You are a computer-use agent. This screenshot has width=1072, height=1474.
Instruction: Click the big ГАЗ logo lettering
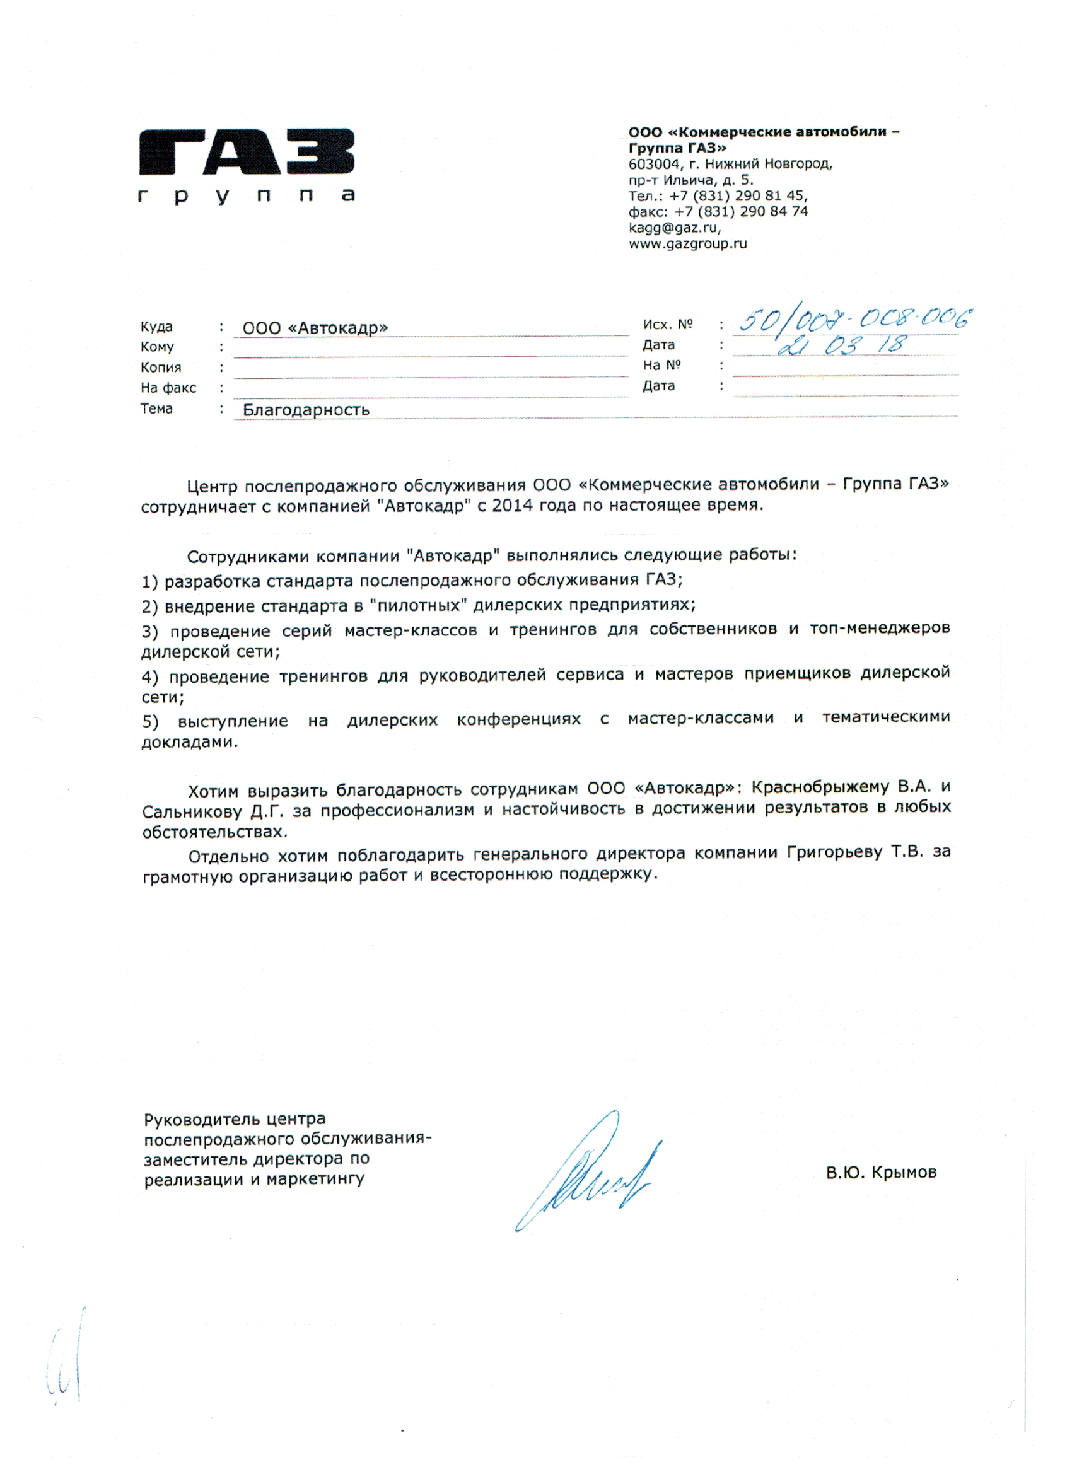click(247, 152)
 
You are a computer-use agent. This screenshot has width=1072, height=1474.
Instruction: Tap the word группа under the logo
click(247, 195)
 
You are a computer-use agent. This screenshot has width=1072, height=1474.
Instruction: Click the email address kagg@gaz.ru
click(673, 228)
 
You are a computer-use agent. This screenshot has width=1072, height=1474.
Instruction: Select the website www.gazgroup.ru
click(687, 244)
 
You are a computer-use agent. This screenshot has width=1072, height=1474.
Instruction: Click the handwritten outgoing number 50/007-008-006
click(855, 318)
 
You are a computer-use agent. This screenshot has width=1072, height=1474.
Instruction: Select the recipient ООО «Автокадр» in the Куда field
click(315, 328)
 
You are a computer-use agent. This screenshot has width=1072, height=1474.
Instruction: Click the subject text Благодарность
click(306, 409)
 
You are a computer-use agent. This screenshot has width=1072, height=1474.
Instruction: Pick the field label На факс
click(168, 388)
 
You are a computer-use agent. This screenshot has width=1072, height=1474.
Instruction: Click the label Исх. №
click(667, 324)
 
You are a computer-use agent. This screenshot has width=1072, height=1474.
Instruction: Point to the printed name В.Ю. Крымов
click(880, 1173)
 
